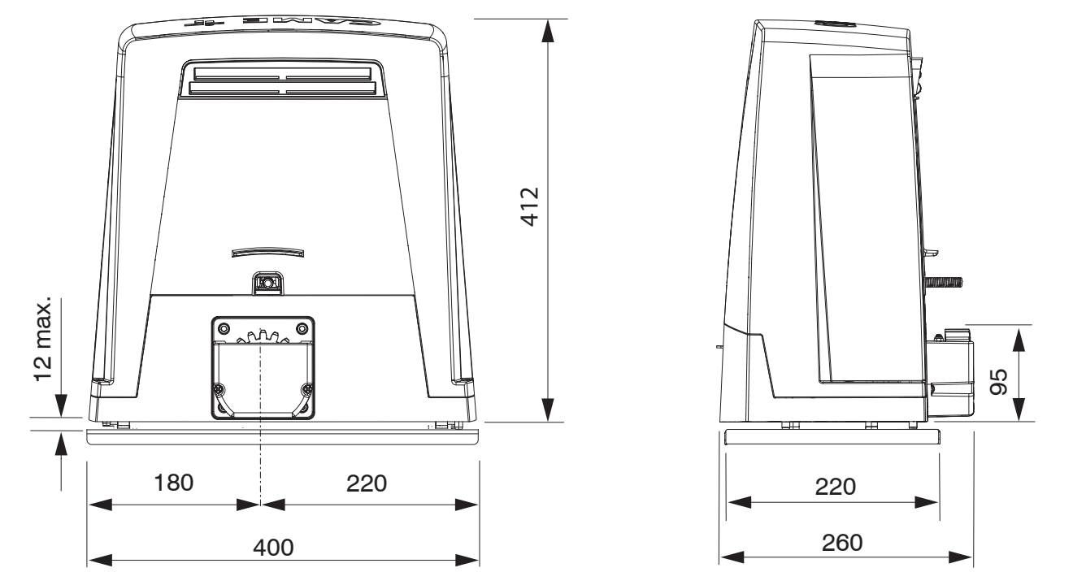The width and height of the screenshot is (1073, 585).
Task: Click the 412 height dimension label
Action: (x=530, y=207)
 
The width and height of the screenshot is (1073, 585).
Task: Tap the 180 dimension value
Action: (x=173, y=483)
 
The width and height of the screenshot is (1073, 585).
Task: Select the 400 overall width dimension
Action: (x=273, y=547)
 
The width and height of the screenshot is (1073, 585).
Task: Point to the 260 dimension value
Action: (x=842, y=543)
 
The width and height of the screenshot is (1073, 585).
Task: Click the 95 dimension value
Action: (x=999, y=382)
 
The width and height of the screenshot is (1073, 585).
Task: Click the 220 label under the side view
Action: (x=836, y=487)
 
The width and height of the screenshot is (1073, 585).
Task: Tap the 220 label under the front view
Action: (x=367, y=483)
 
